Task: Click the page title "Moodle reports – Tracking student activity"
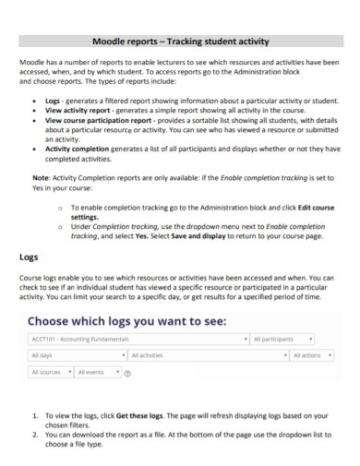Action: [x=179, y=41]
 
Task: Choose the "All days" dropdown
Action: [x=74, y=355]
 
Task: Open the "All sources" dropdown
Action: [x=49, y=373]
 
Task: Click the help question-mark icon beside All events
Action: [x=127, y=375]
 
